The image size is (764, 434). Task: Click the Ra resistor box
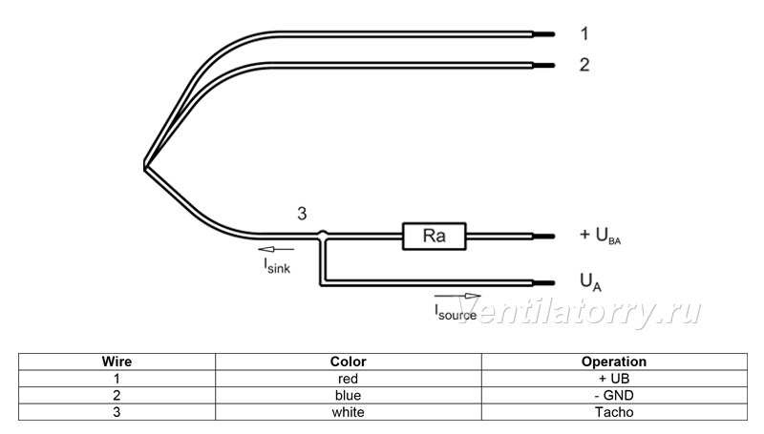[434, 236]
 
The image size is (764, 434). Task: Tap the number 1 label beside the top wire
[584, 33]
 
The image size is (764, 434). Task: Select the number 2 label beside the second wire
[584, 65]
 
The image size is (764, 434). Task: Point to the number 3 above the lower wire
[302, 214]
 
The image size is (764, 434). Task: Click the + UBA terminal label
[601, 236]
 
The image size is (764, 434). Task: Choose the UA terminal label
[590, 282]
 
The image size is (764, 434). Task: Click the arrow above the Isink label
[276, 249]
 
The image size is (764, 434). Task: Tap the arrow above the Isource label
[457, 296]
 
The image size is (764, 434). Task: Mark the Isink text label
[277, 266]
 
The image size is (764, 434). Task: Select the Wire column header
[117, 362]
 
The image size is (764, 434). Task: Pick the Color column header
[348, 362]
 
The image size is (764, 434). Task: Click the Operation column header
[614, 362]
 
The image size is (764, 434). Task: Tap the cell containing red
[348, 379]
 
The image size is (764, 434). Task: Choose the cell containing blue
[348, 395]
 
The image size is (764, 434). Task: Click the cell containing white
[348, 412]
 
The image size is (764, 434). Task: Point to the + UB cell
[614, 379]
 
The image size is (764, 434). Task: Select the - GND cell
[614, 395]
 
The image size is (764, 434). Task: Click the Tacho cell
[614, 412]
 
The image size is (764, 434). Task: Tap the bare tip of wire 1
[544, 34]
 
